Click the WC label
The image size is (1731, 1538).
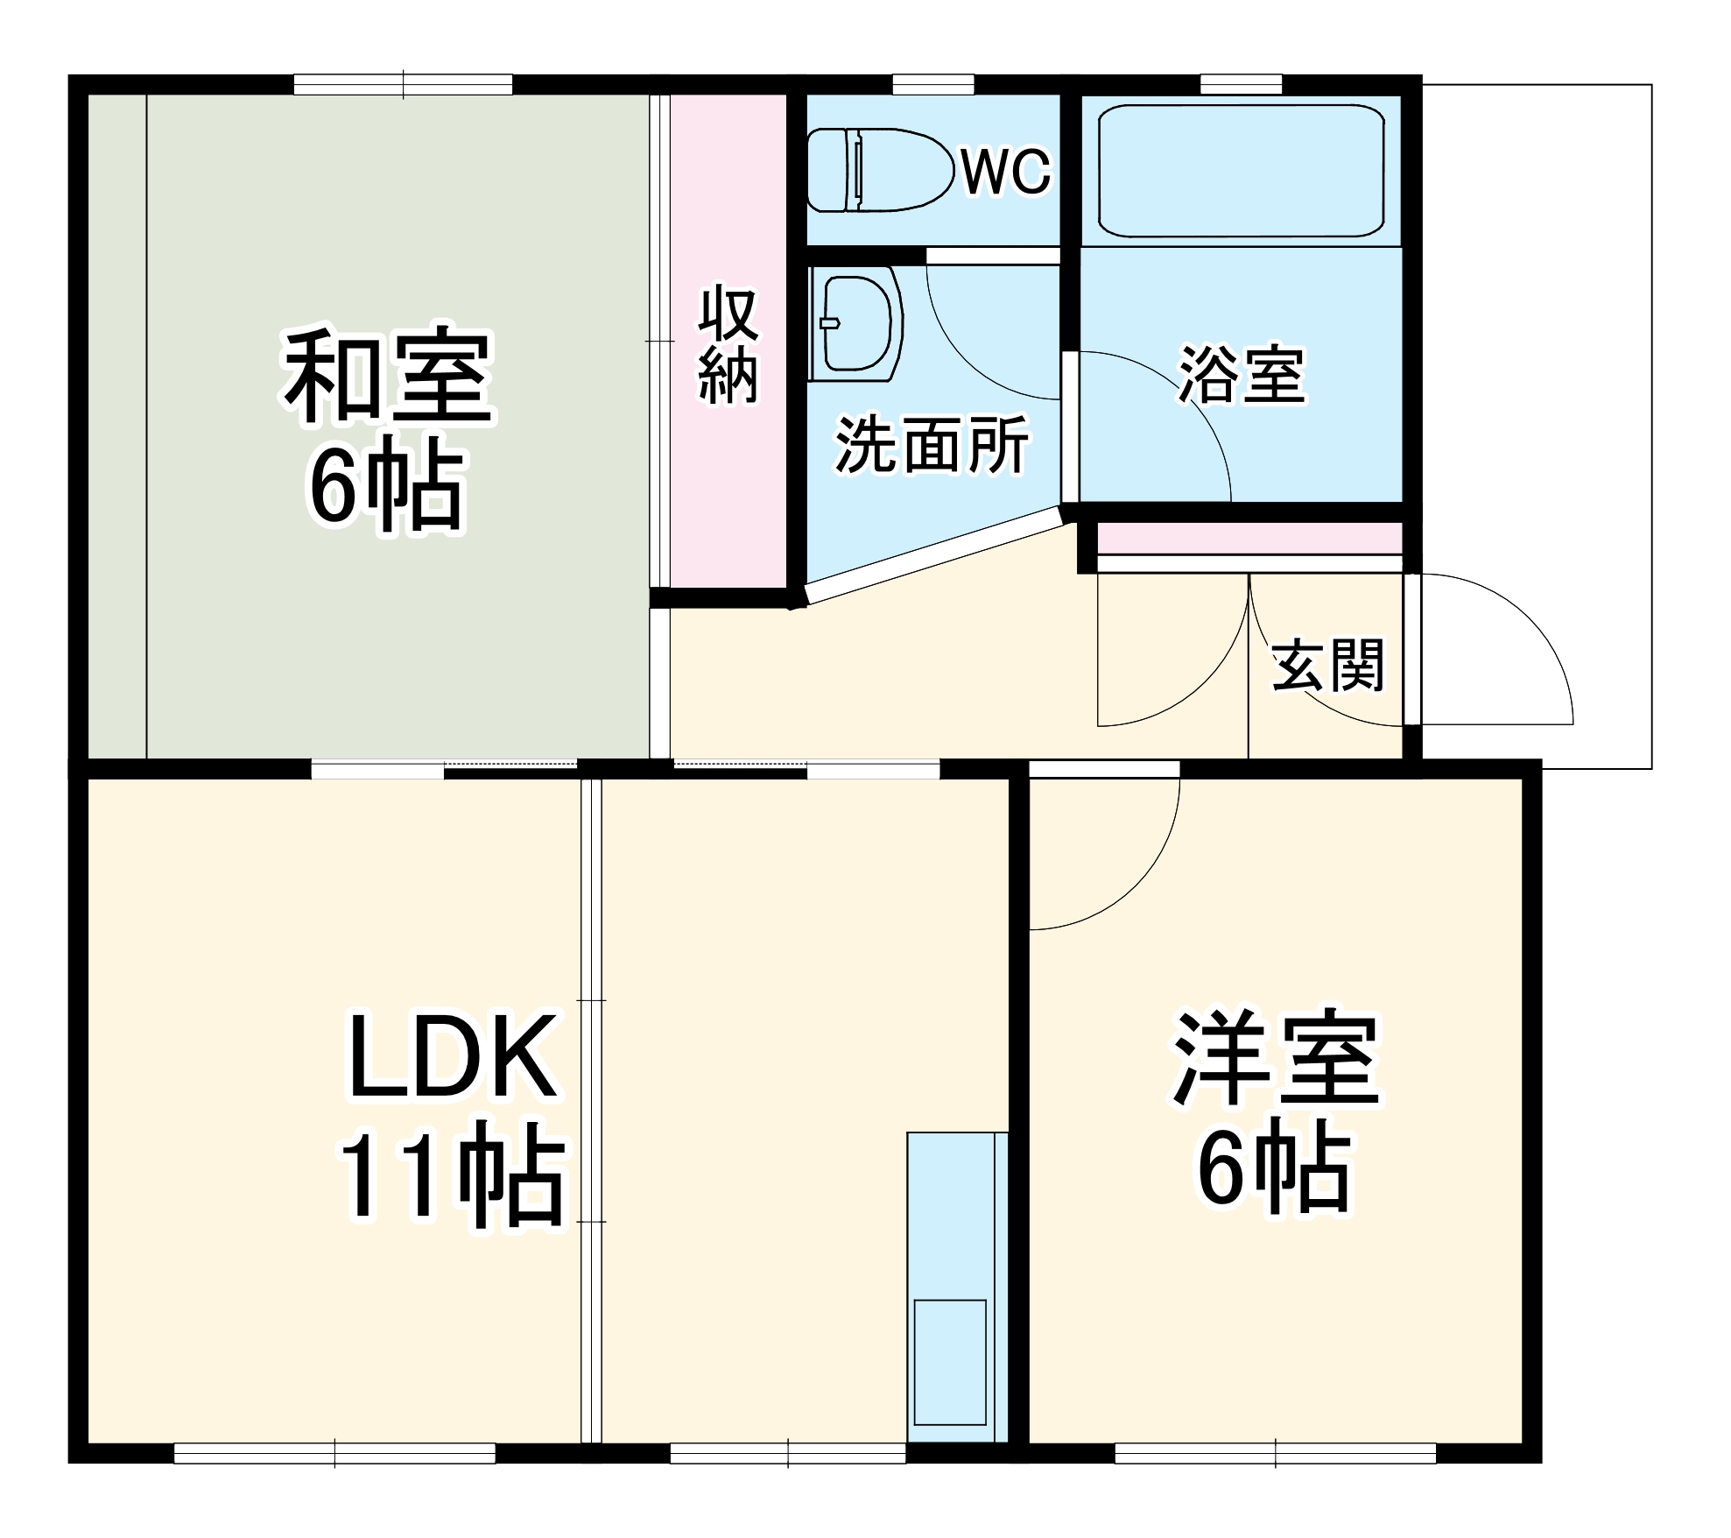click(1006, 172)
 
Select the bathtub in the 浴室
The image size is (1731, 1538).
click(1240, 171)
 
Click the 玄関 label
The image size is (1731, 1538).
click(1328, 665)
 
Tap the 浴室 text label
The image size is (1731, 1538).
click(1242, 375)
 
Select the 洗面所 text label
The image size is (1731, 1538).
click(932, 446)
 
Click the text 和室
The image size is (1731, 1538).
click(388, 376)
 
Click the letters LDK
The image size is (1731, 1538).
click(452, 1057)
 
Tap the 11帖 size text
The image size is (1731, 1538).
click(452, 1178)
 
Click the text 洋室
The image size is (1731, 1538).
click(1276, 1060)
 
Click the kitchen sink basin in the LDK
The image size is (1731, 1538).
click(950, 1376)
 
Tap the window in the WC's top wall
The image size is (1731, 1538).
click(933, 85)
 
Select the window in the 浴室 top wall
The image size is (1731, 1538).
click(1241, 85)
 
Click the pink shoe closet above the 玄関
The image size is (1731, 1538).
click(1249, 538)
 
